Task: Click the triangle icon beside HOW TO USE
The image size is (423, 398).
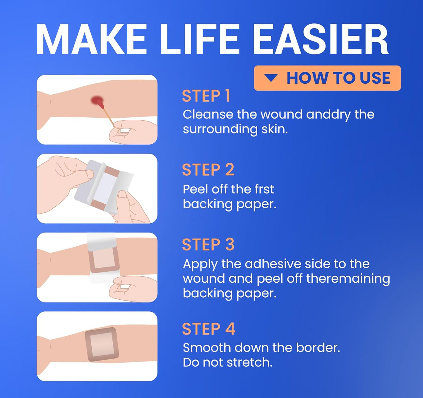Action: click(271, 78)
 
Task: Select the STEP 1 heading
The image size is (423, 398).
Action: click(206, 96)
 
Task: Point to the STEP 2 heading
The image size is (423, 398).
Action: click(208, 170)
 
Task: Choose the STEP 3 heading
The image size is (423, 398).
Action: click(208, 245)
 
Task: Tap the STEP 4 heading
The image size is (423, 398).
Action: click(208, 329)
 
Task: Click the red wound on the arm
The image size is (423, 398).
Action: click(97, 101)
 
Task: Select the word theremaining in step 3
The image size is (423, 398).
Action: click(348, 278)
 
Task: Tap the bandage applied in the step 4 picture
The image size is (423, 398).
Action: click(102, 344)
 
